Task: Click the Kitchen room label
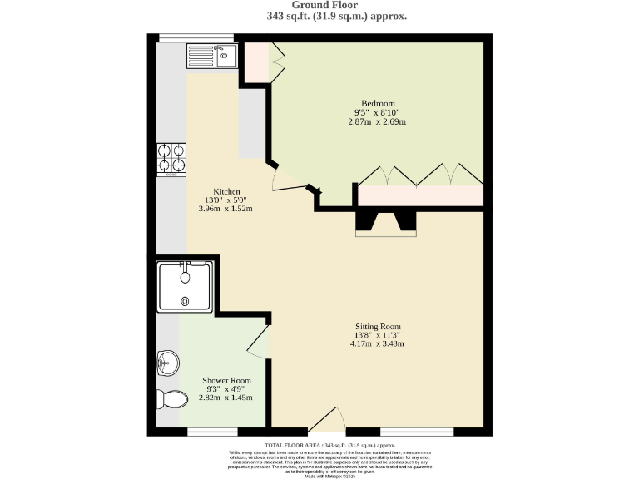pyautogui.click(x=226, y=190)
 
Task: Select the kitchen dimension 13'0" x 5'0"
pyautogui.click(x=226, y=200)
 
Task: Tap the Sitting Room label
pyautogui.click(x=378, y=326)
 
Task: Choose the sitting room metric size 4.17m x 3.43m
pyautogui.click(x=378, y=343)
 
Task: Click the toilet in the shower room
pyautogui.click(x=171, y=399)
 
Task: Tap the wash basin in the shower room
pyautogui.click(x=167, y=362)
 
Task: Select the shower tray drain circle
pyautogui.click(x=185, y=301)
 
